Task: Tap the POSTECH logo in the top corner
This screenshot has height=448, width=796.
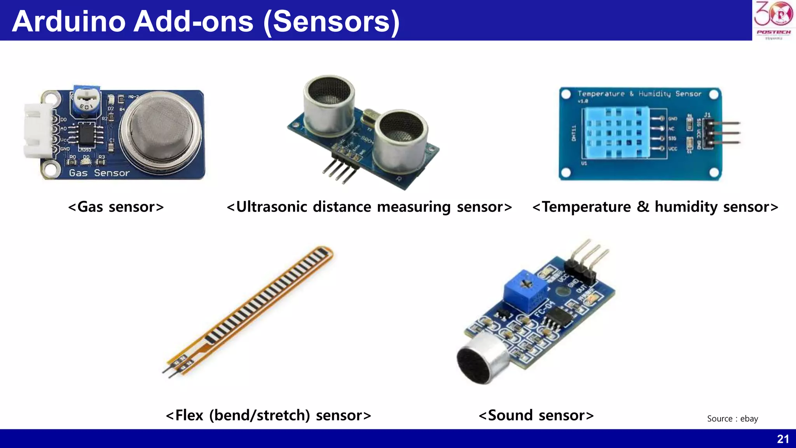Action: pyautogui.click(x=773, y=19)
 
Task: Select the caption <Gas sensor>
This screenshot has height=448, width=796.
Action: pyautogui.click(x=116, y=207)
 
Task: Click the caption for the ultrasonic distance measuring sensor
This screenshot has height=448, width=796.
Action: pyautogui.click(x=369, y=207)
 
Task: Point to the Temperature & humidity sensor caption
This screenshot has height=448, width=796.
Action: pyautogui.click(x=655, y=207)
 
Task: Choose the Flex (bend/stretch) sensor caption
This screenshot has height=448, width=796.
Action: pyautogui.click(x=268, y=415)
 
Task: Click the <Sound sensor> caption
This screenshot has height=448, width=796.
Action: pyautogui.click(x=536, y=415)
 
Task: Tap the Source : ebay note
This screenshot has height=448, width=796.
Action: pyautogui.click(x=732, y=418)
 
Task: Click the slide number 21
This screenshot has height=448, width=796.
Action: pyautogui.click(x=783, y=439)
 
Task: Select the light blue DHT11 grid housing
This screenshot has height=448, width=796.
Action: pyautogui.click(x=615, y=132)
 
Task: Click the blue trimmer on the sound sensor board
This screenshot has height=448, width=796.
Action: pyautogui.click(x=525, y=290)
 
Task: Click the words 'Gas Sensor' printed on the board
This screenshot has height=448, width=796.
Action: pyautogui.click(x=99, y=173)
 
